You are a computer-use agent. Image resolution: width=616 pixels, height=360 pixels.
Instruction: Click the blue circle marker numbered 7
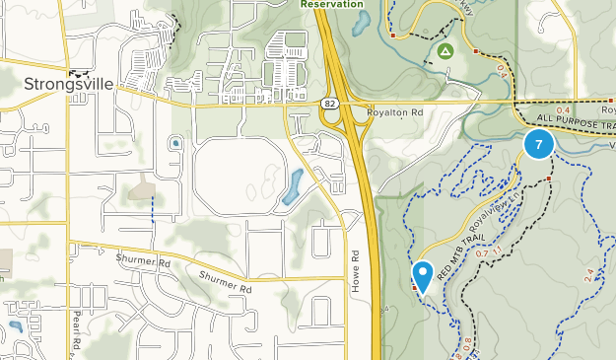[x=538, y=145]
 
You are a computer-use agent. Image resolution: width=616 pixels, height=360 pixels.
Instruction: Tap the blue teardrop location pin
[x=424, y=275]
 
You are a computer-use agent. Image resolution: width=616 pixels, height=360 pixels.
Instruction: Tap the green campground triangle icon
[x=445, y=50]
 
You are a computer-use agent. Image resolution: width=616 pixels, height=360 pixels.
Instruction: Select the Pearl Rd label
[x=74, y=333]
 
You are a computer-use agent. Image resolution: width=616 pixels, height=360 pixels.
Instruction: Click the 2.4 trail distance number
[x=589, y=275]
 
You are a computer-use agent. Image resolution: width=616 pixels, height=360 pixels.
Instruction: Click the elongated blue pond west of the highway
[x=293, y=186]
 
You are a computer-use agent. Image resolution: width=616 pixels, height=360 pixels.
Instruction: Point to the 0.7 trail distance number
[x=482, y=253]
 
